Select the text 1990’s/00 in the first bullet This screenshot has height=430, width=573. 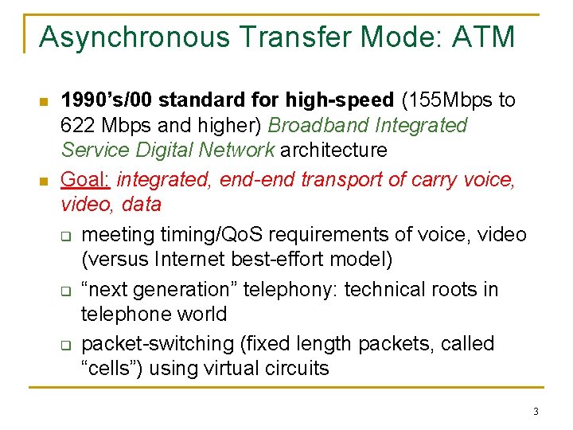coord(107,100)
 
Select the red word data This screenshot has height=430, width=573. coord(142,205)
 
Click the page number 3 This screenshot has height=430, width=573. coord(536,412)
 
